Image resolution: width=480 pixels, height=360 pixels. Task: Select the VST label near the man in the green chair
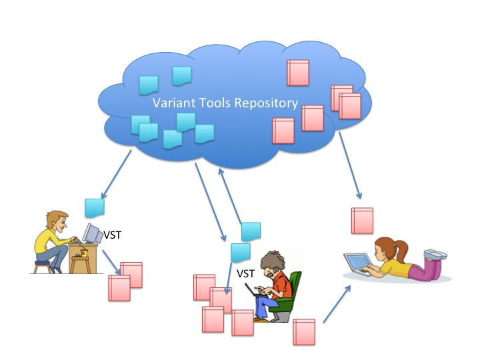pyautogui.click(x=246, y=273)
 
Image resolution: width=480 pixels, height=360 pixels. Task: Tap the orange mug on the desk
pyautogui.click(x=83, y=253)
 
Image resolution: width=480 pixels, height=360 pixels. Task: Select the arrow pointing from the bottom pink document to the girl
pyautogui.click(x=337, y=303)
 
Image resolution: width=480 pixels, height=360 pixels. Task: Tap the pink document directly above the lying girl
pyautogui.click(x=362, y=221)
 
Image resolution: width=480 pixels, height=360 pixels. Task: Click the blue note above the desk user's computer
pyautogui.click(x=95, y=208)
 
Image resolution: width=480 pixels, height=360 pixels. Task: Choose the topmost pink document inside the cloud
pyautogui.click(x=297, y=73)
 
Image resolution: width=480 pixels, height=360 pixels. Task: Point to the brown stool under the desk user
pyautogui.click(x=42, y=266)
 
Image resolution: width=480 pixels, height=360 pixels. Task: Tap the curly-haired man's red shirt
pyautogui.click(x=283, y=286)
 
